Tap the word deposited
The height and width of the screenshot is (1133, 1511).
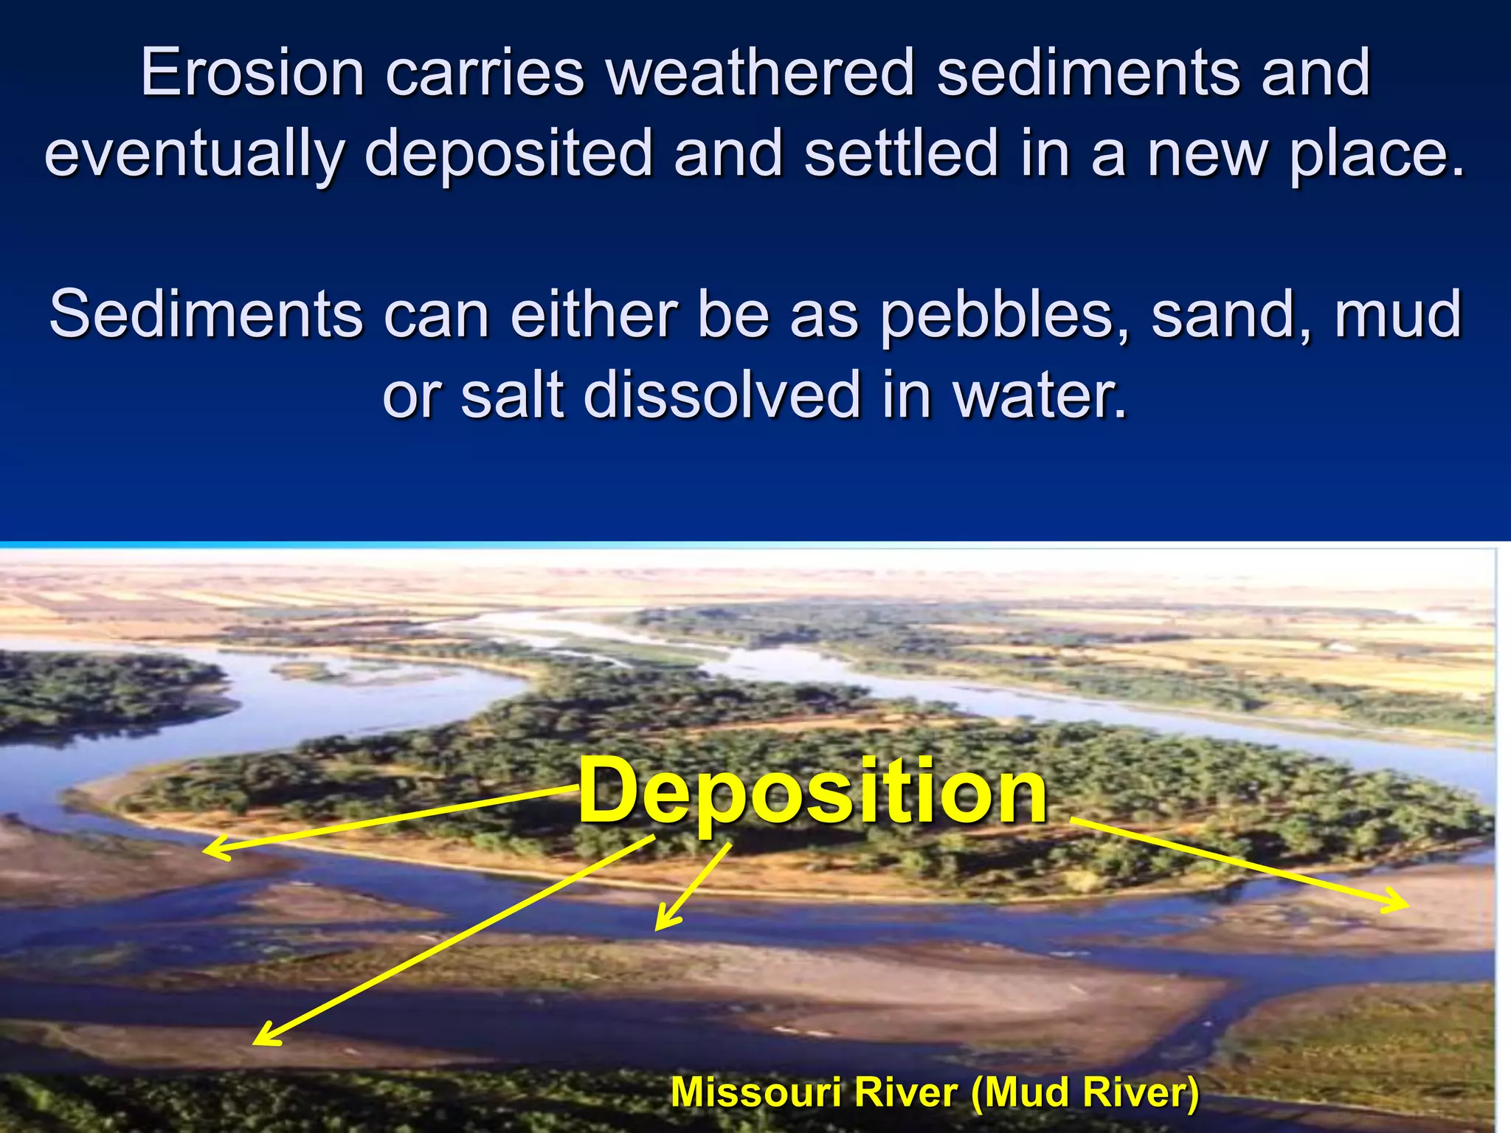click(x=508, y=153)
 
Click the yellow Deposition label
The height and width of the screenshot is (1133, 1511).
click(x=812, y=792)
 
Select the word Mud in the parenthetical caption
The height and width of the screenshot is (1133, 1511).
click(x=1021, y=1092)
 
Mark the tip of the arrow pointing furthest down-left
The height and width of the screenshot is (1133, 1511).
click(x=255, y=1043)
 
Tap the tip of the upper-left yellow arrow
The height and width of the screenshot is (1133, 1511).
click(x=205, y=851)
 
